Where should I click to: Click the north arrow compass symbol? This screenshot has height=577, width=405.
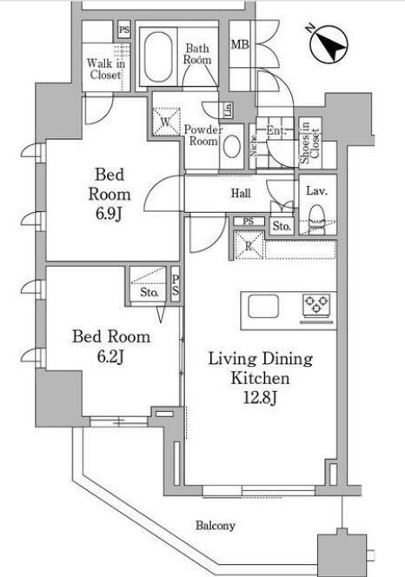(x=329, y=43)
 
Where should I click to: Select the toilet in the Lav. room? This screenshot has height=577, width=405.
(x=316, y=220)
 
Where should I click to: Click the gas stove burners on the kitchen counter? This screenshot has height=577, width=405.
(x=315, y=305)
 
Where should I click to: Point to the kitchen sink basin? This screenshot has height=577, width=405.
(x=263, y=306)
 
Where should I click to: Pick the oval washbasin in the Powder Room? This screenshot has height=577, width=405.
(x=232, y=147)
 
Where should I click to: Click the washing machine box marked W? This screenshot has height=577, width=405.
(x=166, y=122)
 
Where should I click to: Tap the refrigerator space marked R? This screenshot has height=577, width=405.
(x=249, y=245)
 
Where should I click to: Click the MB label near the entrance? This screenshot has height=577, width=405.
(x=240, y=45)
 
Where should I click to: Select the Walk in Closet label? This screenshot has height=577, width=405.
(x=106, y=69)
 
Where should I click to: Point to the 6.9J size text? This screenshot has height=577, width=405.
(x=109, y=214)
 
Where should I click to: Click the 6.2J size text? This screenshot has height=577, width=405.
(x=110, y=356)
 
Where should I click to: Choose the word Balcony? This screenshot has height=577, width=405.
(x=216, y=526)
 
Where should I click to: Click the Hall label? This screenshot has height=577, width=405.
(x=241, y=193)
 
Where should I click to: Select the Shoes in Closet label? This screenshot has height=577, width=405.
(x=309, y=143)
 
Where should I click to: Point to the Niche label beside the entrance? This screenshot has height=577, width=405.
(x=254, y=146)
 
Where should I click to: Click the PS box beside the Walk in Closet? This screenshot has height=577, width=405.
(x=124, y=30)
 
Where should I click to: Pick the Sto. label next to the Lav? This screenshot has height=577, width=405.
(x=282, y=226)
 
